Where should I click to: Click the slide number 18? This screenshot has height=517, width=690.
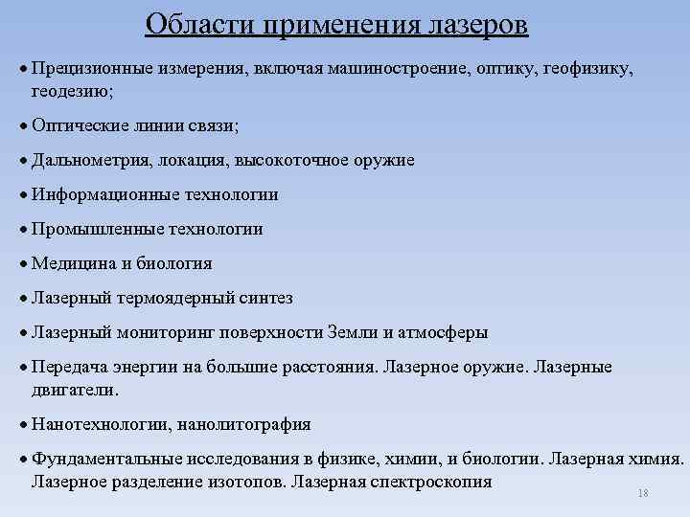coord(642,492)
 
